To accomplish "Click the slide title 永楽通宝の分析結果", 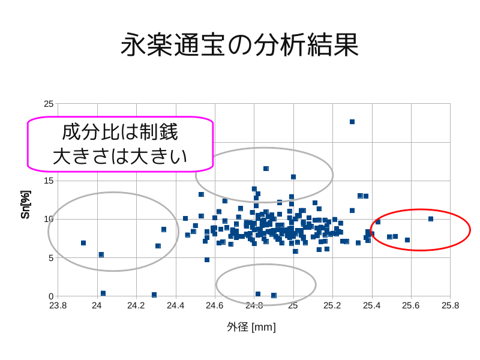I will [239, 44].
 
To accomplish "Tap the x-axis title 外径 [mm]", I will [251, 327].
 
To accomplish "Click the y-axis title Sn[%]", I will [25, 204].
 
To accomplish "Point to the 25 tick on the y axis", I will [49, 104].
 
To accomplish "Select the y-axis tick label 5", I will [51, 258].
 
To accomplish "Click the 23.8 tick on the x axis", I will [57, 305].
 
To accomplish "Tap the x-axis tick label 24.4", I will [175, 305].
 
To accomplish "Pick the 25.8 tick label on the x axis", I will [450, 305].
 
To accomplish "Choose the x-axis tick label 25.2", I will [332, 305].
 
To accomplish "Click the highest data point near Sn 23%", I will [352, 122].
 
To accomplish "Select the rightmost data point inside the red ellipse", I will [431, 219].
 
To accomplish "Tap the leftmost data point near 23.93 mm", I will [83, 243].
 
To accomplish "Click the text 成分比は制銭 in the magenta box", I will [120, 133].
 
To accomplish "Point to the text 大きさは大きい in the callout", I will [120, 156].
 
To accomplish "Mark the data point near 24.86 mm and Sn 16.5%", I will [266, 169].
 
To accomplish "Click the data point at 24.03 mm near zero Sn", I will [103, 293].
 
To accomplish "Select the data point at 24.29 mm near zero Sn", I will [154, 295].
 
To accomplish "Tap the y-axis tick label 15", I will [49, 181].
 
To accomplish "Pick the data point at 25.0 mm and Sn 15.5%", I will [293, 177].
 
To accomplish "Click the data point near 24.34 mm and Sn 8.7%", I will [164, 230].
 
